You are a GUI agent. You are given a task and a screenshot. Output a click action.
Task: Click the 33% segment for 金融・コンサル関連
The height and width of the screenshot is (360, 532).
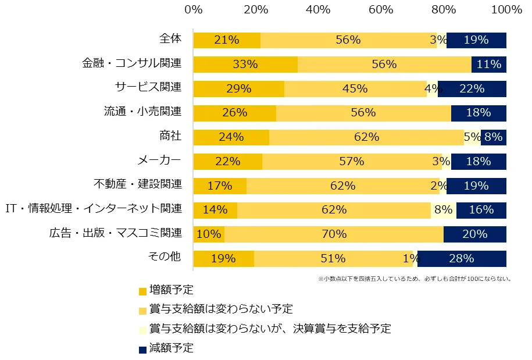(245, 65)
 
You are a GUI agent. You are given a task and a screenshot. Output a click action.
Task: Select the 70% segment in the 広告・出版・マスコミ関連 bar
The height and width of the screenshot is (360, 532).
(334, 234)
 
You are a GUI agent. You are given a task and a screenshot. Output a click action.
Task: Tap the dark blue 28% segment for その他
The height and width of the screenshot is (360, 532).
(462, 258)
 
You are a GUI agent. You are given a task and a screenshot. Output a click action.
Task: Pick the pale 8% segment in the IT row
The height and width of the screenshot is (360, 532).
(443, 210)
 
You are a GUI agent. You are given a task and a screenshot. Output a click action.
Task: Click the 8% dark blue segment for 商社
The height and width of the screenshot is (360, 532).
(493, 137)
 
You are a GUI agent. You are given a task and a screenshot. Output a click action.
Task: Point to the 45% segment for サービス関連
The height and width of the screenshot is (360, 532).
(355, 89)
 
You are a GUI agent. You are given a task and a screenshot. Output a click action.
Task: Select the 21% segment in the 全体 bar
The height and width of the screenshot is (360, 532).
(227, 40)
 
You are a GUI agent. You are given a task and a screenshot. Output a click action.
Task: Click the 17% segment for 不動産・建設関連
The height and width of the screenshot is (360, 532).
(220, 186)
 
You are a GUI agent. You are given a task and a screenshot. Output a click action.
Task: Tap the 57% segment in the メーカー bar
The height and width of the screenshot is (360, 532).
(352, 161)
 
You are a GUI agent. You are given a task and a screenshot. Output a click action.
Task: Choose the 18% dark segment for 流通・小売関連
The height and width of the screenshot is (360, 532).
(479, 113)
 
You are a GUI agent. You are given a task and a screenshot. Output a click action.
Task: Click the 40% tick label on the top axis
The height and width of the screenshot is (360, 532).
(318, 10)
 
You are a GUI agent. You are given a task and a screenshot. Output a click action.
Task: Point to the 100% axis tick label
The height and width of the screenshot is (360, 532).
(506, 10)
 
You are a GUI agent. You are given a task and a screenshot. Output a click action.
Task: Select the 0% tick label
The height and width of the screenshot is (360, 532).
(193, 10)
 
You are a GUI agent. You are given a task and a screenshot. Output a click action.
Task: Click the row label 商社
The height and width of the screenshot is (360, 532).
(170, 136)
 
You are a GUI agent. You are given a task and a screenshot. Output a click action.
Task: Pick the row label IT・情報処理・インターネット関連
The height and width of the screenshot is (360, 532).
(94, 209)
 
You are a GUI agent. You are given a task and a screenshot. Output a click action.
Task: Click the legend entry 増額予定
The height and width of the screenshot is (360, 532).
(171, 289)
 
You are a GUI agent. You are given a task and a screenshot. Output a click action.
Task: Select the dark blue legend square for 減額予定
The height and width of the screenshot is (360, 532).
(142, 350)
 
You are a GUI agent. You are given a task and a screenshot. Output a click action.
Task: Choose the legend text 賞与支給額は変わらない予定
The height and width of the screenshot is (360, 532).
(220, 309)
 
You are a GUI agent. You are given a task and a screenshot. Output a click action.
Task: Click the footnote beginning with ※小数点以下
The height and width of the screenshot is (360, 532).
(415, 279)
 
